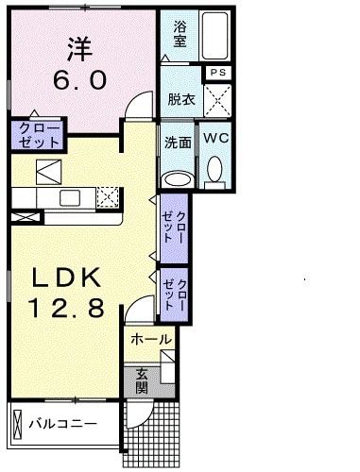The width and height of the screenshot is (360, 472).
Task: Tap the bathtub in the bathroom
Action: (x=215, y=36)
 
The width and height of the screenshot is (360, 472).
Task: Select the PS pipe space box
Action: (x=218, y=73)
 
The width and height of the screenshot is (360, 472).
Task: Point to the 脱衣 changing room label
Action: (x=181, y=100)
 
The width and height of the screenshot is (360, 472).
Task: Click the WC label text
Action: (x=215, y=138)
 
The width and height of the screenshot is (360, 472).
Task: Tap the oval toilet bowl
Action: (x=214, y=169)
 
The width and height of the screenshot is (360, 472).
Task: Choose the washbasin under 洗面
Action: (x=178, y=180)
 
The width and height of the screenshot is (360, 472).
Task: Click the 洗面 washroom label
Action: (x=178, y=143)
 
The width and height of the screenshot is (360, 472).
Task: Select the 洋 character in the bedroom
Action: (x=80, y=49)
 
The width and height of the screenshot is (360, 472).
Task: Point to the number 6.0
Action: (x=79, y=80)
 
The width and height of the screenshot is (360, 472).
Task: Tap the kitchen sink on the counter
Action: (x=70, y=198)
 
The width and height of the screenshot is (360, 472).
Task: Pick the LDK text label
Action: (x=66, y=278)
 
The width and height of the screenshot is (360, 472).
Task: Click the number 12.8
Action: (x=66, y=308)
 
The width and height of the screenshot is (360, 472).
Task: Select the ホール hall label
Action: (x=151, y=340)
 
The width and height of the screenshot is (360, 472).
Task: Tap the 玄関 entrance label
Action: (x=142, y=380)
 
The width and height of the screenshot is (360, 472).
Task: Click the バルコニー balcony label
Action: (x=63, y=424)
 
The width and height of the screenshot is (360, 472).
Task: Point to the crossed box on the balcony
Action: (x=18, y=424)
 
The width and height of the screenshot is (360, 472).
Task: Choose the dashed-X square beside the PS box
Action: (x=217, y=100)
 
